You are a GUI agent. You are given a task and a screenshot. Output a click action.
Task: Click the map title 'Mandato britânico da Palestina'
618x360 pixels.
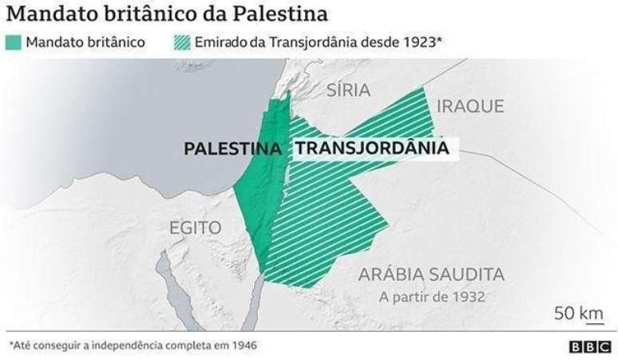[x=167, y=14]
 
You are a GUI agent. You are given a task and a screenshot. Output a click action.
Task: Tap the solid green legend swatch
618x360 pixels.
[x=14, y=41]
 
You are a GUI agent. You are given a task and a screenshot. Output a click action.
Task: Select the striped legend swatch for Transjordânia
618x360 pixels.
[x=181, y=41]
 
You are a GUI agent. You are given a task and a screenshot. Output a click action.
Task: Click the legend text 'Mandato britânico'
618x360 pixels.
[x=86, y=41]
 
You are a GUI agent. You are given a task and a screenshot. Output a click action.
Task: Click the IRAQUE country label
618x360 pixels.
[x=470, y=106]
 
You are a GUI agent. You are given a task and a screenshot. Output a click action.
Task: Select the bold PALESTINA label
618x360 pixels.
[x=232, y=148]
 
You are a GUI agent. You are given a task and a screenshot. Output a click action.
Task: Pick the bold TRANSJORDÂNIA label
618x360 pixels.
[x=371, y=148]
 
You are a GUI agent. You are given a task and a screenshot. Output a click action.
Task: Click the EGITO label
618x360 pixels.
[x=195, y=228]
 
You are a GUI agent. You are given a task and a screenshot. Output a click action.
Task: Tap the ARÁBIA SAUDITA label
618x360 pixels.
[x=431, y=275]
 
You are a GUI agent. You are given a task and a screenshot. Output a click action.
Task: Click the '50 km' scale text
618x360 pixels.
[x=578, y=312]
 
